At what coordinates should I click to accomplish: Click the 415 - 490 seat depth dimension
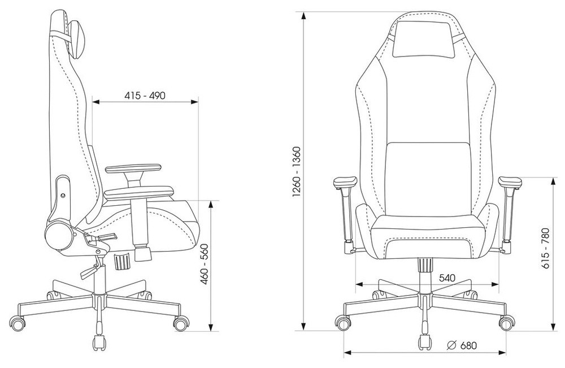(145, 96)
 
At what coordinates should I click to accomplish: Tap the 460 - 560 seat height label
(205, 264)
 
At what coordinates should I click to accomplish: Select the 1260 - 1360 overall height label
(296, 172)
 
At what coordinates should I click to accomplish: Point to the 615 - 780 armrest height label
(546, 248)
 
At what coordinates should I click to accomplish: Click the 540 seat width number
(447, 278)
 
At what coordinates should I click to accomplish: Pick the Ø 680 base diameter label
(462, 345)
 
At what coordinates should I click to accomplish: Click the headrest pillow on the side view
(77, 39)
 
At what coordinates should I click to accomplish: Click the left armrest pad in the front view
(345, 183)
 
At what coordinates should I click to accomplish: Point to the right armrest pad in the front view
(510, 183)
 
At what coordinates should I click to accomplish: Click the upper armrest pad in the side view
(133, 168)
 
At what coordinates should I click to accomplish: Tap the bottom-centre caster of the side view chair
(99, 343)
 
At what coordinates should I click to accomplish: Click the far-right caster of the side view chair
(181, 323)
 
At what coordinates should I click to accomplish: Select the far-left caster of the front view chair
(343, 322)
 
